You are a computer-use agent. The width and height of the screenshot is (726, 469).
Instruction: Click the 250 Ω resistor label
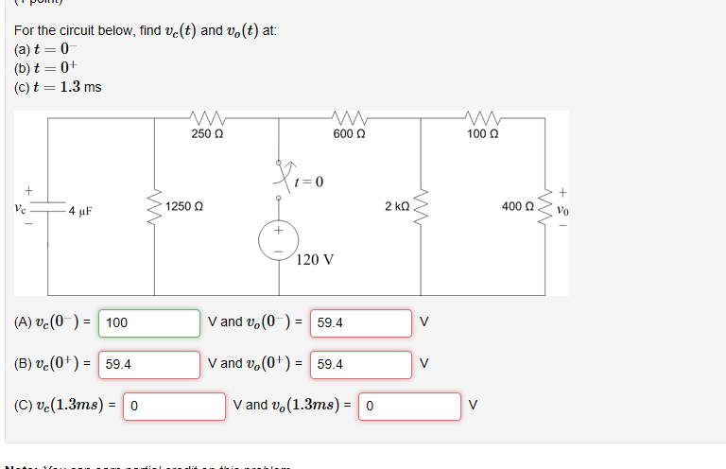tap(207, 134)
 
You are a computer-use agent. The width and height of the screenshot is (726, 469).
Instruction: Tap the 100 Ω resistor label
tap(483, 134)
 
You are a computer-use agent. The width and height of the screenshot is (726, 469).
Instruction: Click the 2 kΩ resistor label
tap(397, 206)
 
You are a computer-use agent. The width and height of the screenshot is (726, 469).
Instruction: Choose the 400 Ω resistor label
tap(518, 206)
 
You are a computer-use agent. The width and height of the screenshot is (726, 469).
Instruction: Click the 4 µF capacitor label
tap(78, 210)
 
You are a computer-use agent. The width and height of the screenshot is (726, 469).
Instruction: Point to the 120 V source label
tap(315, 259)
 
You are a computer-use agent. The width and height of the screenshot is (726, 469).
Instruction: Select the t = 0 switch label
tap(309, 182)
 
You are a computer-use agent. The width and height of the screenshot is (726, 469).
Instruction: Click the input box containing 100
tap(148, 322)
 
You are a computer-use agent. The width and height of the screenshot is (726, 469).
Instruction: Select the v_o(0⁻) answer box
tap(360, 322)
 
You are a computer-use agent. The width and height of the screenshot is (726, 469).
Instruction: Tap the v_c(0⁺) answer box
tap(148, 364)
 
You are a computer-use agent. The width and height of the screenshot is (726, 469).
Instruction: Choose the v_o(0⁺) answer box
tap(360, 364)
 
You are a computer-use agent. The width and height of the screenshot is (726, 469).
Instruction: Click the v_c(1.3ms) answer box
tap(173, 406)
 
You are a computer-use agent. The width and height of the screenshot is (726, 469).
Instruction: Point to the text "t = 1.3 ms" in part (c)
tap(67, 87)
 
